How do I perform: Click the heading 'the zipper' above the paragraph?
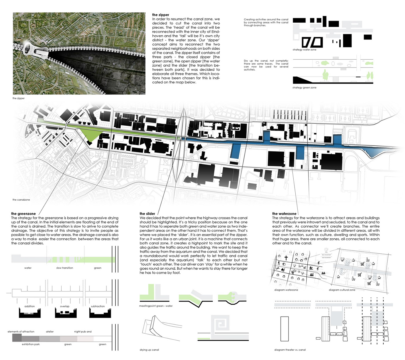coord(161,15)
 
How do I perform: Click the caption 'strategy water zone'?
coord(304,50)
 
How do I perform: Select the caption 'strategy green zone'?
coord(304,87)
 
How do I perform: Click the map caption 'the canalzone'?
coord(21,200)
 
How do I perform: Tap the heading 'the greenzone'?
coord(23,214)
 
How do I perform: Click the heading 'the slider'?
coord(147,214)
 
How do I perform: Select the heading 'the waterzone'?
coord(284,214)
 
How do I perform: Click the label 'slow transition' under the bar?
coord(65,268)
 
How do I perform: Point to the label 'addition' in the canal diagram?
coord(30,306)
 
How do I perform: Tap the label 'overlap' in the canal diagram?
coord(65,306)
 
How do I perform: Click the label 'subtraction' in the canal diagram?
coord(98,306)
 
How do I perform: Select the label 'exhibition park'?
coord(31,344)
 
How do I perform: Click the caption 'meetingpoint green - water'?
coord(156,306)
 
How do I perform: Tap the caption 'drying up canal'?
coord(149,350)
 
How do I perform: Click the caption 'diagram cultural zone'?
coord(342,290)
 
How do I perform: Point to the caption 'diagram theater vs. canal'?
coord(290,350)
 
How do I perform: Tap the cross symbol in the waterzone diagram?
coord(286,258)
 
